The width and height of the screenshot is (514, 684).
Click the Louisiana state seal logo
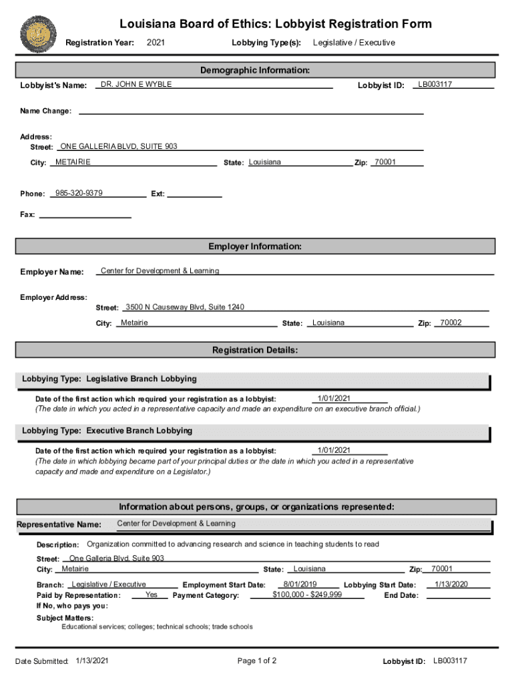click(x=39, y=33)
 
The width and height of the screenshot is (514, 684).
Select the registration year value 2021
click(x=156, y=43)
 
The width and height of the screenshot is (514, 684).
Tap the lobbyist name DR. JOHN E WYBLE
click(x=136, y=85)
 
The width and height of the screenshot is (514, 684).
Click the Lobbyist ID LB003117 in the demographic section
click(x=435, y=85)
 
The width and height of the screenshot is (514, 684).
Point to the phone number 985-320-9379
click(x=79, y=193)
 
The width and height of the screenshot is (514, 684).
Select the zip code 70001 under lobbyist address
click(x=385, y=162)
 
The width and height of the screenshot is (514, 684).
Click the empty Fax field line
click(x=85, y=216)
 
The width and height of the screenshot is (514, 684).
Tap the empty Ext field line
click(x=194, y=195)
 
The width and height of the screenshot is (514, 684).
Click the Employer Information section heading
click(x=255, y=247)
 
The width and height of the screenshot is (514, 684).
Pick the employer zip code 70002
click(x=451, y=323)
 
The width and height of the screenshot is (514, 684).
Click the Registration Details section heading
click(x=255, y=350)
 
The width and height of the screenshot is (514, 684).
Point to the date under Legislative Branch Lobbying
click(x=334, y=399)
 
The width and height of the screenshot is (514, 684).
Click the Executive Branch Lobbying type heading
click(x=107, y=431)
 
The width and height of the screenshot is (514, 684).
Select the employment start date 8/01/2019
click(x=300, y=584)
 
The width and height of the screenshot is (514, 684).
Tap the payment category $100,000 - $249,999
click(x=307, y=594)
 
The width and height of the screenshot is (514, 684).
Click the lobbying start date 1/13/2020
click(x=451, y=584)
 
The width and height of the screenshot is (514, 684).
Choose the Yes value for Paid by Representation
click(x=152, y=594)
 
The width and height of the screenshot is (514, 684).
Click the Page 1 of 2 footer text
click(x=257, y=661)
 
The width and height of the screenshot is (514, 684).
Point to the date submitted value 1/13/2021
click(x=93, y=661)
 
